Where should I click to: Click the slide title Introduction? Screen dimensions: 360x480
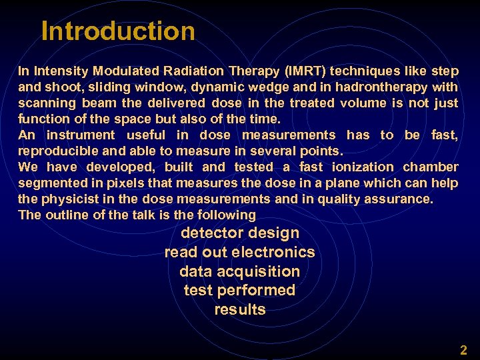tap(118, 31)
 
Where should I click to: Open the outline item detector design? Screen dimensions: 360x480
tap(240, 233)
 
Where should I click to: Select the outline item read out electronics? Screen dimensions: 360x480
tap(240, 253)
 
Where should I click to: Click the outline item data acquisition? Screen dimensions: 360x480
tap(240, 271)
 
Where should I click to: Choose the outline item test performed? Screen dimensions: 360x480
tap(240, 291)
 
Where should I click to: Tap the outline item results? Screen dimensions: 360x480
tap(240, 309)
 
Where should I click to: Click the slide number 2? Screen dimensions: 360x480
tap(463, 350)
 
